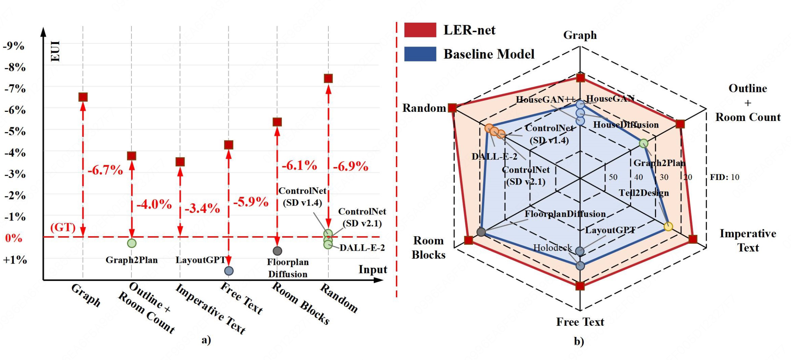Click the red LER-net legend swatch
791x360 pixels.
tap(420, 30)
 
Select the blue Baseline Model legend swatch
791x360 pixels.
tap(420, 54)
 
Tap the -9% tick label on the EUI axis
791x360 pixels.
tap(14, 46)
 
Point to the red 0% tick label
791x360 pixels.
tap(14, 238)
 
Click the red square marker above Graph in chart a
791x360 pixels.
tap(83, 97)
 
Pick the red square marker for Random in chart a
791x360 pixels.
tap(328, 78)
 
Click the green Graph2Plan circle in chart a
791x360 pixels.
tap(131, 243)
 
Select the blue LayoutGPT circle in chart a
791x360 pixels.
tap(229, 271)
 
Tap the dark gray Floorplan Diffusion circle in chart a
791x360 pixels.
tap(277, 251)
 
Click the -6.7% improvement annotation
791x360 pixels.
tap(105, 170)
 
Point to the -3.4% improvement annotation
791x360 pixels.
tap(202, 208)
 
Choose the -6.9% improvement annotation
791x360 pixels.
tap(350, 166)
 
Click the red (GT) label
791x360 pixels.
tap(63, 227)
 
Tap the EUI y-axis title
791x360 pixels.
tap(56, 51)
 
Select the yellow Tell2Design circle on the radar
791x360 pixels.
tap(668, 226)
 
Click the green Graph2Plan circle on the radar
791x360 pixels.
tap(643, 143)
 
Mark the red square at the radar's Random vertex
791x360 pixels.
tap(452, 108)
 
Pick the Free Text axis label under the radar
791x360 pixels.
tap(580, 322)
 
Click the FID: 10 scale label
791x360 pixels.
tap(725, 177)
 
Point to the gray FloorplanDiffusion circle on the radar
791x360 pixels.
tap(481, 232)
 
